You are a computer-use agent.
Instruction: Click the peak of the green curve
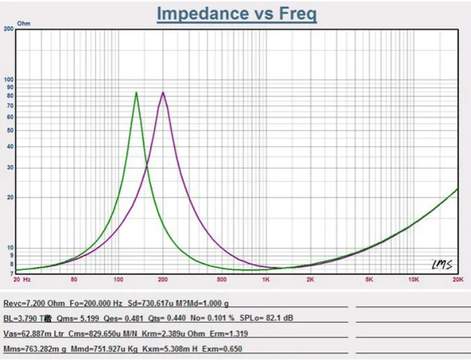point(137,92)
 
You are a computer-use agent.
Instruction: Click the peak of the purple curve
point(163,92)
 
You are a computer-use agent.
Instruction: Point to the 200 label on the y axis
point(9,28)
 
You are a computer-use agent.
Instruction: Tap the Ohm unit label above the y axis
point(24,23)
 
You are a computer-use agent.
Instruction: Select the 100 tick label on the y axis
point(9,79)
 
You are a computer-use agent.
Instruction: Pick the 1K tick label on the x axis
point(266,279)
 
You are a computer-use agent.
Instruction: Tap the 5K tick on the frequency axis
point(369,279)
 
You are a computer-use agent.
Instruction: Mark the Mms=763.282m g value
point(34,349)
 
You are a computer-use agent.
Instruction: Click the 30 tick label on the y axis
point(10,168)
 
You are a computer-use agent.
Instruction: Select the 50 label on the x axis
point(74,279)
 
